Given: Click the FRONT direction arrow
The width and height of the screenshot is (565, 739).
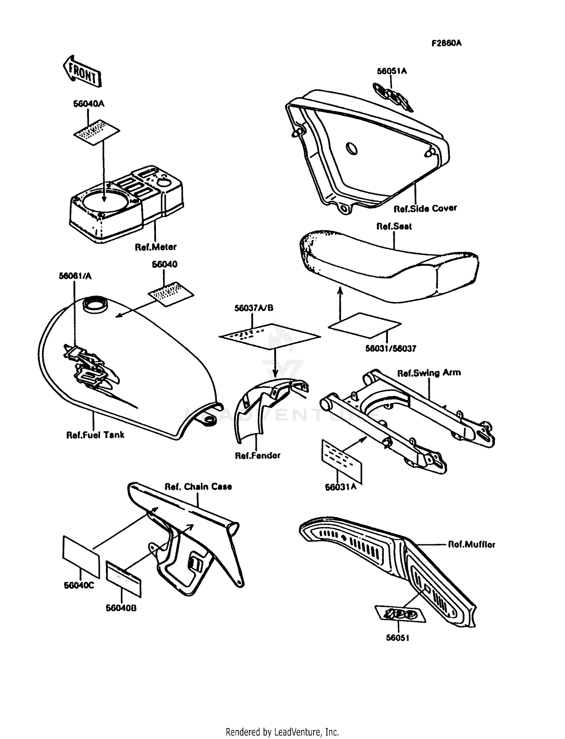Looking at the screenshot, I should pyautogui.click(x=82, y=72).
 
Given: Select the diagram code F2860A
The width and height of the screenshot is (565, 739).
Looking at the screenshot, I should pyautogui.click(x=446, y=43).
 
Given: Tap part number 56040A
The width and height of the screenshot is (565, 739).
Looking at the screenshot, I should pyautogui.click(x=89, y=104).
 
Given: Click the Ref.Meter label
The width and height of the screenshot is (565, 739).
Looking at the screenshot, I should pyautogui.click(x=156, y=247).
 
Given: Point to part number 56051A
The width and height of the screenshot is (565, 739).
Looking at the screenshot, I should pyautogui.click(x=392, y=71).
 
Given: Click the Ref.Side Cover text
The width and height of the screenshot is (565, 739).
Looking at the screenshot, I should pyautogui.click(x=425, y=208).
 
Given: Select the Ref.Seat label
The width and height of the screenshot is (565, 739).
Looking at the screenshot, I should pyautogui.click(x=394, y=226).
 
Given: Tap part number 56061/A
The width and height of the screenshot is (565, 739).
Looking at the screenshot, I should pyautogui.click(x=75, y=276).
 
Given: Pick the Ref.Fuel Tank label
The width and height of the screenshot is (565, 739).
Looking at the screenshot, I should pyautogui.click(x=95, y=435).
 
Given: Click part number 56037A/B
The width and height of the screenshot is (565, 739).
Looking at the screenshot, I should pyautogui.click(x=253, y=308).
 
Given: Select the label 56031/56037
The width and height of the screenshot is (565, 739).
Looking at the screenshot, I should pyautogui.click(x=391, y=349).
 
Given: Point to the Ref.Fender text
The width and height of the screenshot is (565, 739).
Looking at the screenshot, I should pyautogui.click(x=258, y=455).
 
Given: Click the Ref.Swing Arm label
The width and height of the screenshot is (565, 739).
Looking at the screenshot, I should pyautogui.click(x=429, y=373).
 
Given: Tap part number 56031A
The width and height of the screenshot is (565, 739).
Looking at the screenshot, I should pyautogui.click(x=341, y=487).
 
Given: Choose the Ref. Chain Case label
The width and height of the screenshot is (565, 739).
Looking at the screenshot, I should pyautogui.click(x=198, y=487).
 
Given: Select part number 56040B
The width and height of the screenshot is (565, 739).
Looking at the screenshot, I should pyautogui.click(x=121, y=608).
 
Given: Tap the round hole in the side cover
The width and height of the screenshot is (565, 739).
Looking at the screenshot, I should pyautogui.click(x=352, y=148).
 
